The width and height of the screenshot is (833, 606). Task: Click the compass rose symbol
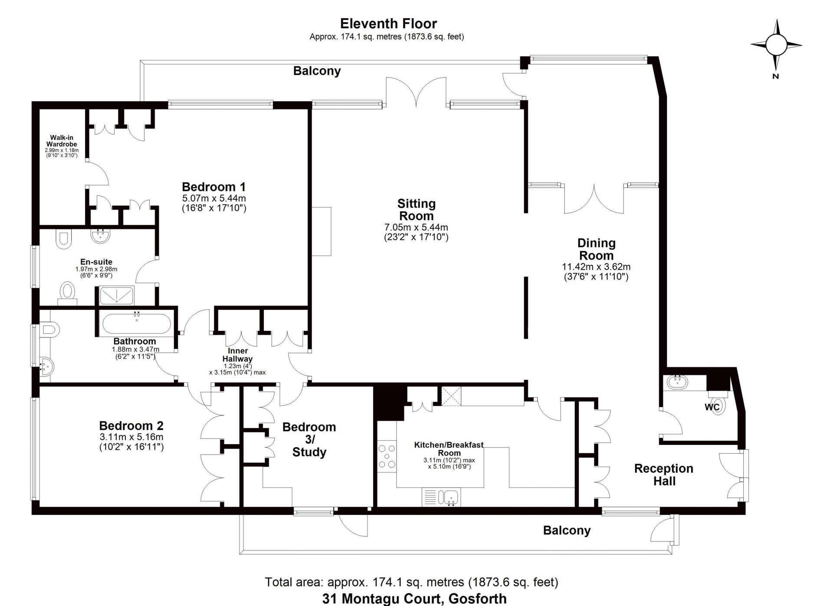tap(776, 45)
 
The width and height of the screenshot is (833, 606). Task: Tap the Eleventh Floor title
tap(388, 23)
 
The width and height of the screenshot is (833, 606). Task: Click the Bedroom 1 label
tap(213, 187)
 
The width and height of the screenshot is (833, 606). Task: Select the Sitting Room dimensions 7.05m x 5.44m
tap(416, 227)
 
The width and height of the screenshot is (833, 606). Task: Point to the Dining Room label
tap(596, 249)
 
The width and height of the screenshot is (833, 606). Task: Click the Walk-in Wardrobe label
tap(62, 141)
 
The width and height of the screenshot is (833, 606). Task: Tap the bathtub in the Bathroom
tap(136, 324)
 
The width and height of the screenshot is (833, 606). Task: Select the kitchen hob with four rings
tap(387, 456)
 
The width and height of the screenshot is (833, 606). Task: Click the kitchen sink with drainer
tap(441, 497)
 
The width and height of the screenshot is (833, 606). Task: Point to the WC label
tap(712, 407)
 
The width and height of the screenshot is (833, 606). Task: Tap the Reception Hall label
tap(664, 474)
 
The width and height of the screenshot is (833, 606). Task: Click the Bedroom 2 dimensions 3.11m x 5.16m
tap(131, 437)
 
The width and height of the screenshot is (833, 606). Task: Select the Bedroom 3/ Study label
tap(309, 439)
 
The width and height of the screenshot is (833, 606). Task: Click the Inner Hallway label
tap(237, 355)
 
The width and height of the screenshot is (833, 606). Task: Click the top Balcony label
tap(317, 71)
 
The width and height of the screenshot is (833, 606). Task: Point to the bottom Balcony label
tap(567, 530)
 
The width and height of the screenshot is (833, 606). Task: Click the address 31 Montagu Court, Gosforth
tap(414, 599)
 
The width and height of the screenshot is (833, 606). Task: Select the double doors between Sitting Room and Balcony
tap(416, 92)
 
